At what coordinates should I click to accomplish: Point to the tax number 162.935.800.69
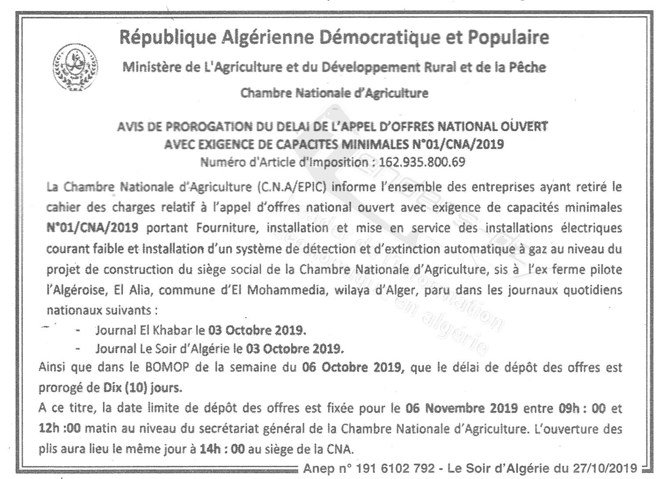pyautogui.click(x=422, y=162)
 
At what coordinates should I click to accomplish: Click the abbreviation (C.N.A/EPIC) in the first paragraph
pyautogui.click(x=291, y=187)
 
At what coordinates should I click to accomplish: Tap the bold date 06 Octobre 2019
pyautogui.click(x=352, y=367)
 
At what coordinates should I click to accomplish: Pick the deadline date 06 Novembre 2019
pyautogui.click(x=461, y=408)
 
